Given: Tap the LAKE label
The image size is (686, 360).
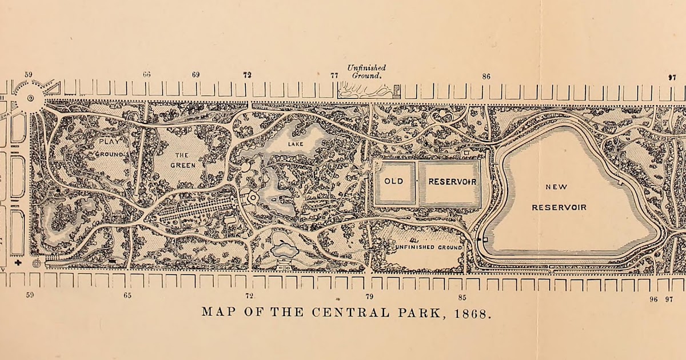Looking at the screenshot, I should [296, 144].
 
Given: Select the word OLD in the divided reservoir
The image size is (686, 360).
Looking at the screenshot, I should [393, 182].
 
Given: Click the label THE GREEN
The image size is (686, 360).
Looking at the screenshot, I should [183, 159].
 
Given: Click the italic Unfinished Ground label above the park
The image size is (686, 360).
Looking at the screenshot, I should [366, 71].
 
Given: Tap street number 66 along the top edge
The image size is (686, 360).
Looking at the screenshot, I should [147, 75].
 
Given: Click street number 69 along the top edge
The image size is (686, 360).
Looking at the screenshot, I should [196, 75].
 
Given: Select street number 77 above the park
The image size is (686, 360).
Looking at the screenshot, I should [334, 75].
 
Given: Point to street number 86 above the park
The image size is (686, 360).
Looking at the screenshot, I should [486, 76].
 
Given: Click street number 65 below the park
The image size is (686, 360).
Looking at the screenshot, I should [127, 295].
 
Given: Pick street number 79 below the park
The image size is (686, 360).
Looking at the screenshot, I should [369, 297].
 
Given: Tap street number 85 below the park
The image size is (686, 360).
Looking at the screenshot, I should [462, 297].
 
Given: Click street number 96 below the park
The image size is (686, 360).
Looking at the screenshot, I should [653, 299].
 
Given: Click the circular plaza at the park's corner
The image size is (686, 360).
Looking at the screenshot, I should [29, 98].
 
